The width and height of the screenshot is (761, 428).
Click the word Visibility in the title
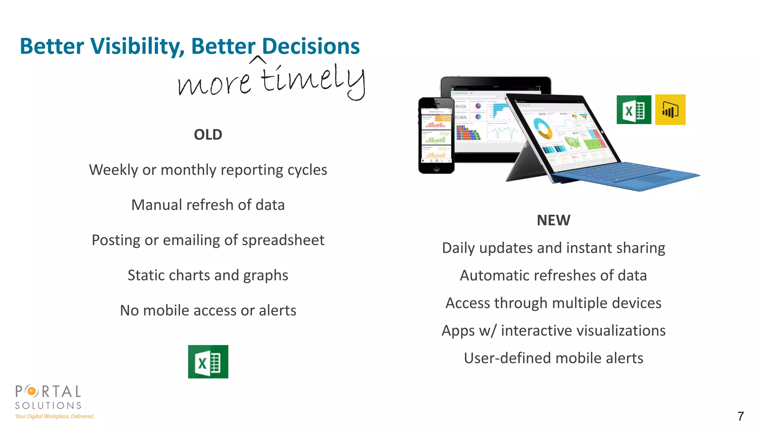(137, 46)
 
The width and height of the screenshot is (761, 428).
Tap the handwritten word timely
(312, 80)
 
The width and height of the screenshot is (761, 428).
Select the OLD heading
(208, 134)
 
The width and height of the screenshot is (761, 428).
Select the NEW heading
(553, 220)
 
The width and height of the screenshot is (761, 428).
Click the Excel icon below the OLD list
(208, 361)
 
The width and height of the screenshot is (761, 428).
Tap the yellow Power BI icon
(670, 110)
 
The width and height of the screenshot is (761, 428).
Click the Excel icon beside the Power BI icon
(634, 110)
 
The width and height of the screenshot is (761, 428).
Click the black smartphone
(436, 136)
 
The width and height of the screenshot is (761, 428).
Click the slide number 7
(740, 416)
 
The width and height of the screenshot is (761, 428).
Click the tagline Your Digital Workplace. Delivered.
(55, 416)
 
